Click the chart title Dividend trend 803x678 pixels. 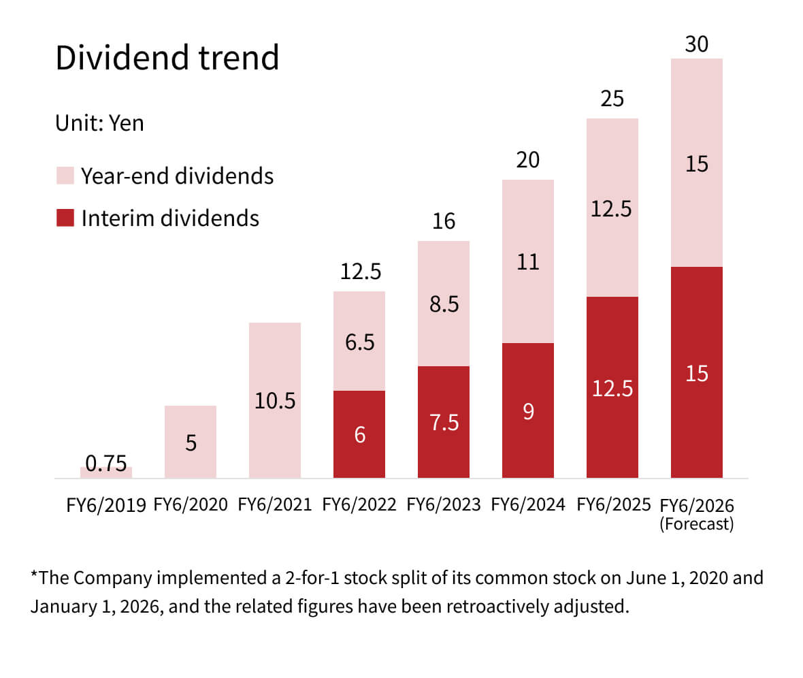click(167, 57)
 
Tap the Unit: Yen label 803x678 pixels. click(99, 123)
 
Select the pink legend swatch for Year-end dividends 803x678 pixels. click(65, 176)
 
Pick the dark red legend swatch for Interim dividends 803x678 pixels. click(65, 218)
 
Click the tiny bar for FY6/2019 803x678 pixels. click(106, 472)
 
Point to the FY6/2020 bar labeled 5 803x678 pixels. click(191, 442)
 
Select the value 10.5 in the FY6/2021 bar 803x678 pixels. click(275, 401)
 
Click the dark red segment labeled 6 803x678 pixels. click(359, 434)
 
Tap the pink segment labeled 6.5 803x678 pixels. click(359, 341)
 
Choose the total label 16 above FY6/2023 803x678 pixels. click(444, 222)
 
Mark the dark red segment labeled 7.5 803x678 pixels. click(444, 423)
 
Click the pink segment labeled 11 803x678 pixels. click(528, 261)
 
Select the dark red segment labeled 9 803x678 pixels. click(528, 411)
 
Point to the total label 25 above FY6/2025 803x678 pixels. click(612, 99)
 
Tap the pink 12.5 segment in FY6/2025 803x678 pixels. click(612, 208)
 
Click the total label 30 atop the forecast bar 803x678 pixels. click(697, 44)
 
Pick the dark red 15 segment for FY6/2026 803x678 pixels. click(697, 373)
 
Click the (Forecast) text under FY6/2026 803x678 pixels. click(697, 525)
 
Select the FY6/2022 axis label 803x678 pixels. click(359, 505)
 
